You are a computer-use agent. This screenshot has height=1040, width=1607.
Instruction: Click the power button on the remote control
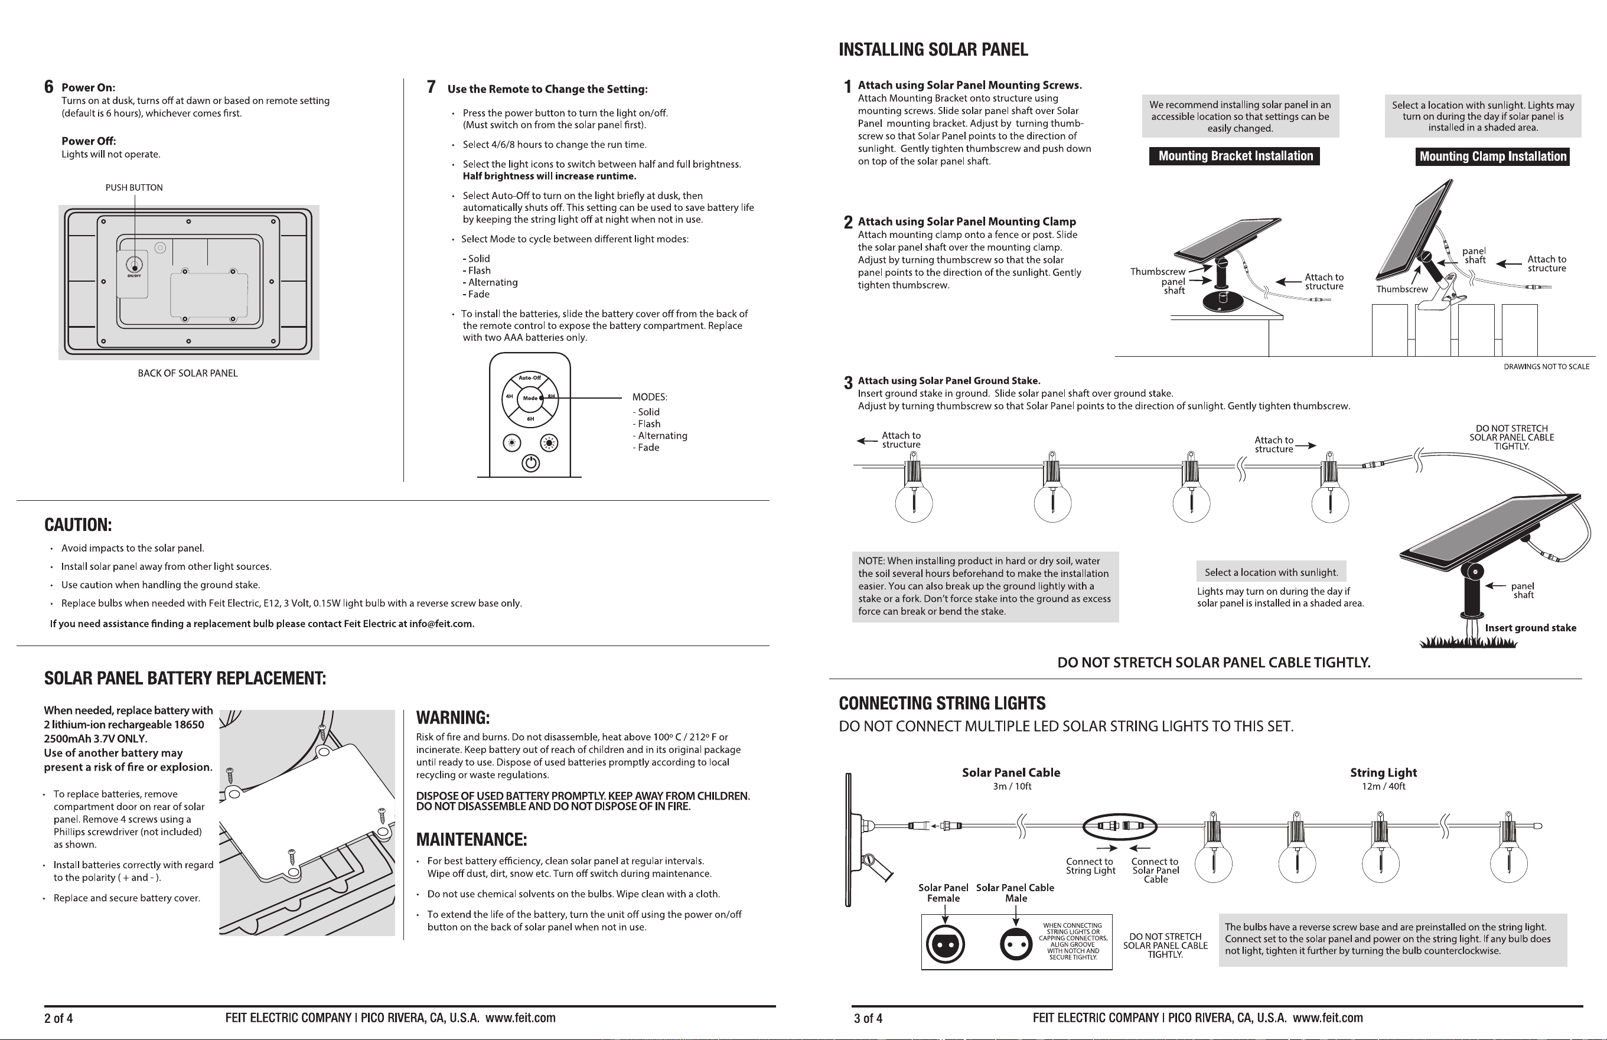(531, 463)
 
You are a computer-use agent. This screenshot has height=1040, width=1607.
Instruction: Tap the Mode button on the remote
(530, 399)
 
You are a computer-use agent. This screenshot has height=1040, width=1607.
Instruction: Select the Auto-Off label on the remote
(530, 377)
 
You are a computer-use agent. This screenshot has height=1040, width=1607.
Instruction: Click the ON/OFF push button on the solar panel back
(135, 264)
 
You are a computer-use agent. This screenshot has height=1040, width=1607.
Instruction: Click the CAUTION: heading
(77, 525)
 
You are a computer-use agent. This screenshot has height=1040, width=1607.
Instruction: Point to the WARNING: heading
(452, 717)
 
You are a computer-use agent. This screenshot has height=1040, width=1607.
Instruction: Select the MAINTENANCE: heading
(471, 839)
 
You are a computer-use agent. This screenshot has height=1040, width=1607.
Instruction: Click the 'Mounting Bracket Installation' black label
(1234, 156)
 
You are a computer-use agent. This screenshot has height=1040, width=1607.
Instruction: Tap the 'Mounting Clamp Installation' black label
(1492, 157)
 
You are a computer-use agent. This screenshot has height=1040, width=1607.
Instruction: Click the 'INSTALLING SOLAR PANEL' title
(933, 49)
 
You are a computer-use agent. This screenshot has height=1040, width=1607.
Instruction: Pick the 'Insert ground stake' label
(1531, 628)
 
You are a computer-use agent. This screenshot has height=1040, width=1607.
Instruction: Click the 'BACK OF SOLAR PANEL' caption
(188, 373)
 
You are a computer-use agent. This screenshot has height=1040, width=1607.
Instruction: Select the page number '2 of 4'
(58, 1018)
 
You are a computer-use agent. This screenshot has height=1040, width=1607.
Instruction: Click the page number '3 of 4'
(868, 1018)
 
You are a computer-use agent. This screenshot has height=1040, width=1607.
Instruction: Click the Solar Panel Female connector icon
(946, 943)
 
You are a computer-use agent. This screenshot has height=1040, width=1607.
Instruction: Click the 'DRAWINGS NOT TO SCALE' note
(1546, 367)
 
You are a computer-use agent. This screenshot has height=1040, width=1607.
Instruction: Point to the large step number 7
(431, 87)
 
